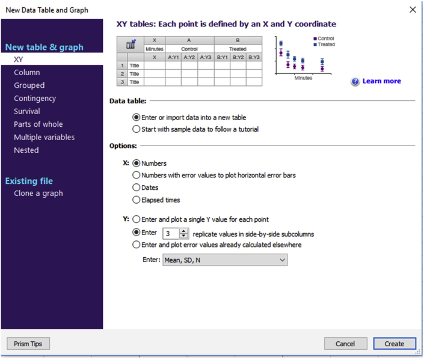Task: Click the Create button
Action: pyautogui.click(x=395, y=344)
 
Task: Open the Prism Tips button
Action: pyautogui.click(x=28, y=344)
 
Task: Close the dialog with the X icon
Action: pyautogui.click(x=413, y=10)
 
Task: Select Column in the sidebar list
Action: pyautogui.click(x=27, y=73)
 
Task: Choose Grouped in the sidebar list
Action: pyautogui.click(x=29, y=85)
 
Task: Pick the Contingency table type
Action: pyautogui.click(x=35, y=99)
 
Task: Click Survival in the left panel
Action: pyautogui.click(x=27, y=111)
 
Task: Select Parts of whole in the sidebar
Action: pyautogui.click(x=38, y=124)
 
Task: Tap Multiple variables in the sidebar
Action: pyautogui.click(x=45, y=137)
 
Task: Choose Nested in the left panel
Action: pyautogui.click(x=26, y=150)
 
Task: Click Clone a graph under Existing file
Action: pyautogui.click(x=38, y=194)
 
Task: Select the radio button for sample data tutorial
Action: pyautogui.click(x=137, y=129)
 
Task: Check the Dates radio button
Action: pyautogui.click(x=137, y=188)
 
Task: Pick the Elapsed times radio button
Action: pyautogui.click(x=137, y=200)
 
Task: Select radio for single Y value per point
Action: pyautogui.click(x=137, y=219)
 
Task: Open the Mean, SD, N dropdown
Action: pyautogui.click(x=225, y=260)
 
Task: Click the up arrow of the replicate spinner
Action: pyautogui.click(x=184, y=231)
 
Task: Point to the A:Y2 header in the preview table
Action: pyautogui.click(x=189, y=57)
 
